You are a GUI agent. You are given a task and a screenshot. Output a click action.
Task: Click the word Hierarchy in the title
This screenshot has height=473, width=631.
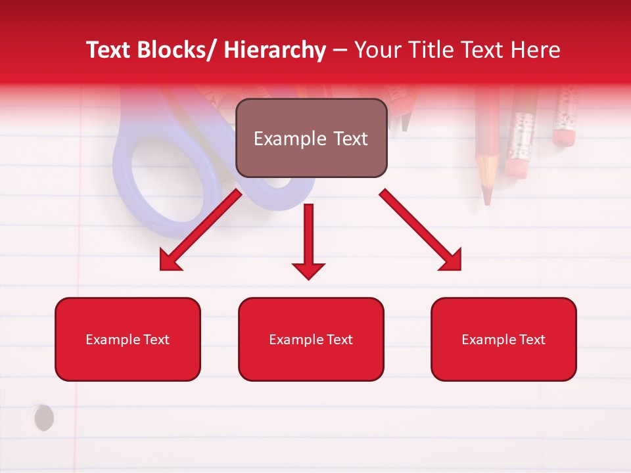[x=275, y=50]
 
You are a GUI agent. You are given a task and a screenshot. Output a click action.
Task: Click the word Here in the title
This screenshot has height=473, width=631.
[x=536, y=50]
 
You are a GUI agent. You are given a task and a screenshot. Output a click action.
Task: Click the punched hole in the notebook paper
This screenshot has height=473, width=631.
[x=43, y=418]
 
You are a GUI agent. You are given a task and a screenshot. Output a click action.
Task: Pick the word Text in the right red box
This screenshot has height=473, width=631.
[x=532, y=340]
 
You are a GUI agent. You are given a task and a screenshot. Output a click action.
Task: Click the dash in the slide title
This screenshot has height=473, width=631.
[x=340, y=51]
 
